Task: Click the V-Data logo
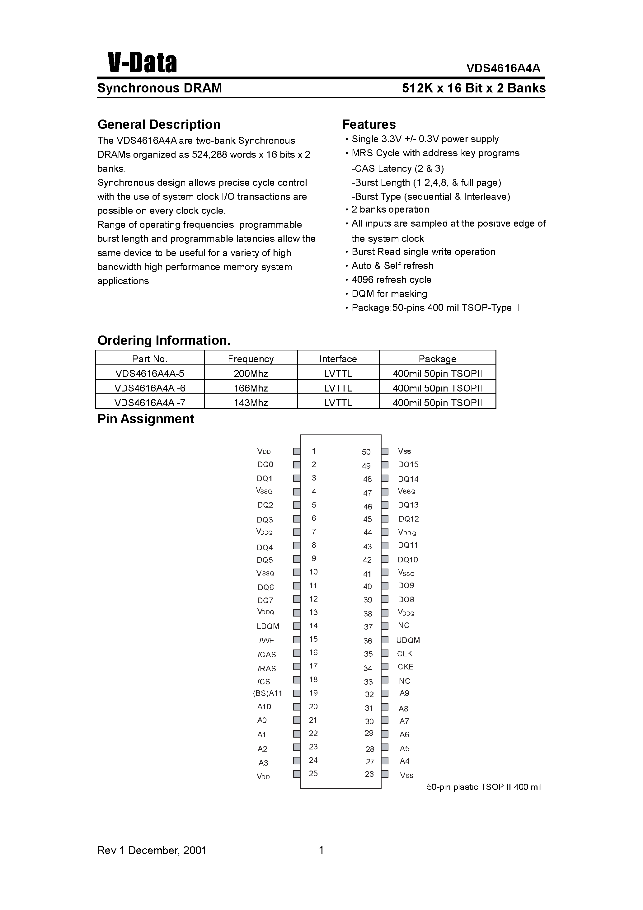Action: click(142, 63)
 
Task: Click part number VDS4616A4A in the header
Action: click(503, 68)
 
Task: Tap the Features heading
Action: click(369, 124)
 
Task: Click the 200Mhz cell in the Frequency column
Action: click(251, 373)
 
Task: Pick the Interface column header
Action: click(338, 359)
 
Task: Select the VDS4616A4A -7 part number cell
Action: click(149, 403)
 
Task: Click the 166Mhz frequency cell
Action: click(251, 388)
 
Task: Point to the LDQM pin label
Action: click(268, 626)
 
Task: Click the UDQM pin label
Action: click(408, 640)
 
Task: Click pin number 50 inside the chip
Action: click(366, 452)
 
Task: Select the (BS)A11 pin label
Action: click(268, 693)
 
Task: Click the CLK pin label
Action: click(405, 654)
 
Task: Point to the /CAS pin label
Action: click(267, 654)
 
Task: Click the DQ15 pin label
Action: click(408, 465)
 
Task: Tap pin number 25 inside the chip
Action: click(313, 773)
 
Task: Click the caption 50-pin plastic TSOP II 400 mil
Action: click(484, 787)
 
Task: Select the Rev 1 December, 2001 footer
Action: click(152, 850)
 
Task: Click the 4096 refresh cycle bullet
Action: click(391, 280)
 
